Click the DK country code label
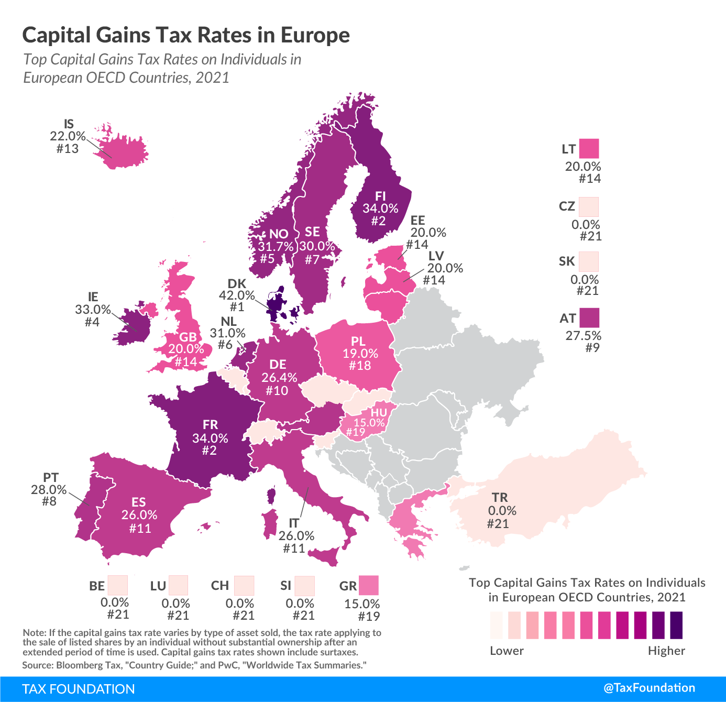tap(237, 284)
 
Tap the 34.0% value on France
tap(210, 437)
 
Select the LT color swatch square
tap(589, 149)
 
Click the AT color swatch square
tap(589, 317)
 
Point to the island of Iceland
tap(123, 150)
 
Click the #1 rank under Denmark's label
tap(237, 307)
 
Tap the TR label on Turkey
tap(500, 498)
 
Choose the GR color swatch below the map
tap(368, 585)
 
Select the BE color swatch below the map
tap(117, 585)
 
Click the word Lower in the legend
tap(507, 651)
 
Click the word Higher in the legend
tap(666, 651)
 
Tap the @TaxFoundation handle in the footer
tap(649, 688)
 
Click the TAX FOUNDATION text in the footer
tap(79, 688)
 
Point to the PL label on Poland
tap(358, 342)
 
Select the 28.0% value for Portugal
tap(49, 489)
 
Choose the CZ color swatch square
tap(589, 207)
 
